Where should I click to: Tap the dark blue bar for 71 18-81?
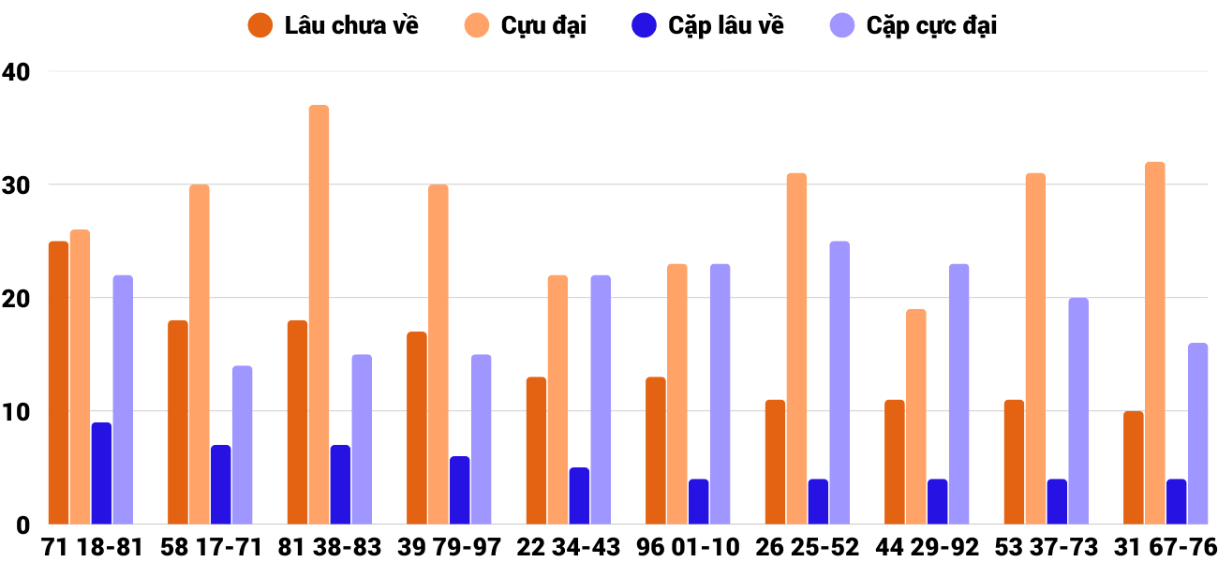tap(101, 473)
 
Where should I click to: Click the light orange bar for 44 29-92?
tap(915, 417)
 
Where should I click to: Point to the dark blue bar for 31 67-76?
tap(1176, 502)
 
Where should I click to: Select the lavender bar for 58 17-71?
tap(242, 445)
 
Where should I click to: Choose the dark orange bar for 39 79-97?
tap(417, 428)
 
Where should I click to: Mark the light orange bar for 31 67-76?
tap(1154, 343)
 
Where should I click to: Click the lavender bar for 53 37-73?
tap(1078, 411)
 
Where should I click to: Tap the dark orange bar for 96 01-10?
tap(656, 451)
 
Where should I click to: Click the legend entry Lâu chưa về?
tap(333, 25)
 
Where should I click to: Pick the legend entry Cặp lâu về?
tap(707, 25)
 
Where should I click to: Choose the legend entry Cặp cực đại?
tap(913, 25)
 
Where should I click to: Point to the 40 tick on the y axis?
tap(17, 71)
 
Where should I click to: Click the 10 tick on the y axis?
tap(17, 411)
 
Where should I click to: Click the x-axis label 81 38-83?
tap(329, 547)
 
